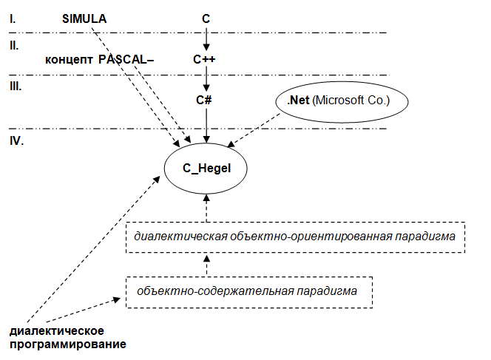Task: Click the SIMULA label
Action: (84, 18)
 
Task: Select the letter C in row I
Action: (206, 18)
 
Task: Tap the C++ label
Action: (204, 59)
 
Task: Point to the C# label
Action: (204, 100)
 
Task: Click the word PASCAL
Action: (123, 59)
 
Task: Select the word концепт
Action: (69, 59)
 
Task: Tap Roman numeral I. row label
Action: (13, 19)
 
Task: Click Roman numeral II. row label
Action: (14, 46)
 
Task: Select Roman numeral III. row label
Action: (16, 86)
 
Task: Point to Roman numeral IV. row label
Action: (16, 141)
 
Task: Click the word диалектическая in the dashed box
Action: (180, 237)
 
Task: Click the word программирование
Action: (68, 344)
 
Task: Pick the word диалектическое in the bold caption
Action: (57, 331)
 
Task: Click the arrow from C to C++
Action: (206, 39)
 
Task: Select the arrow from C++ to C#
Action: (206, 78)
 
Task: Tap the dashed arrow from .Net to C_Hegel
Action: (254, 130)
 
